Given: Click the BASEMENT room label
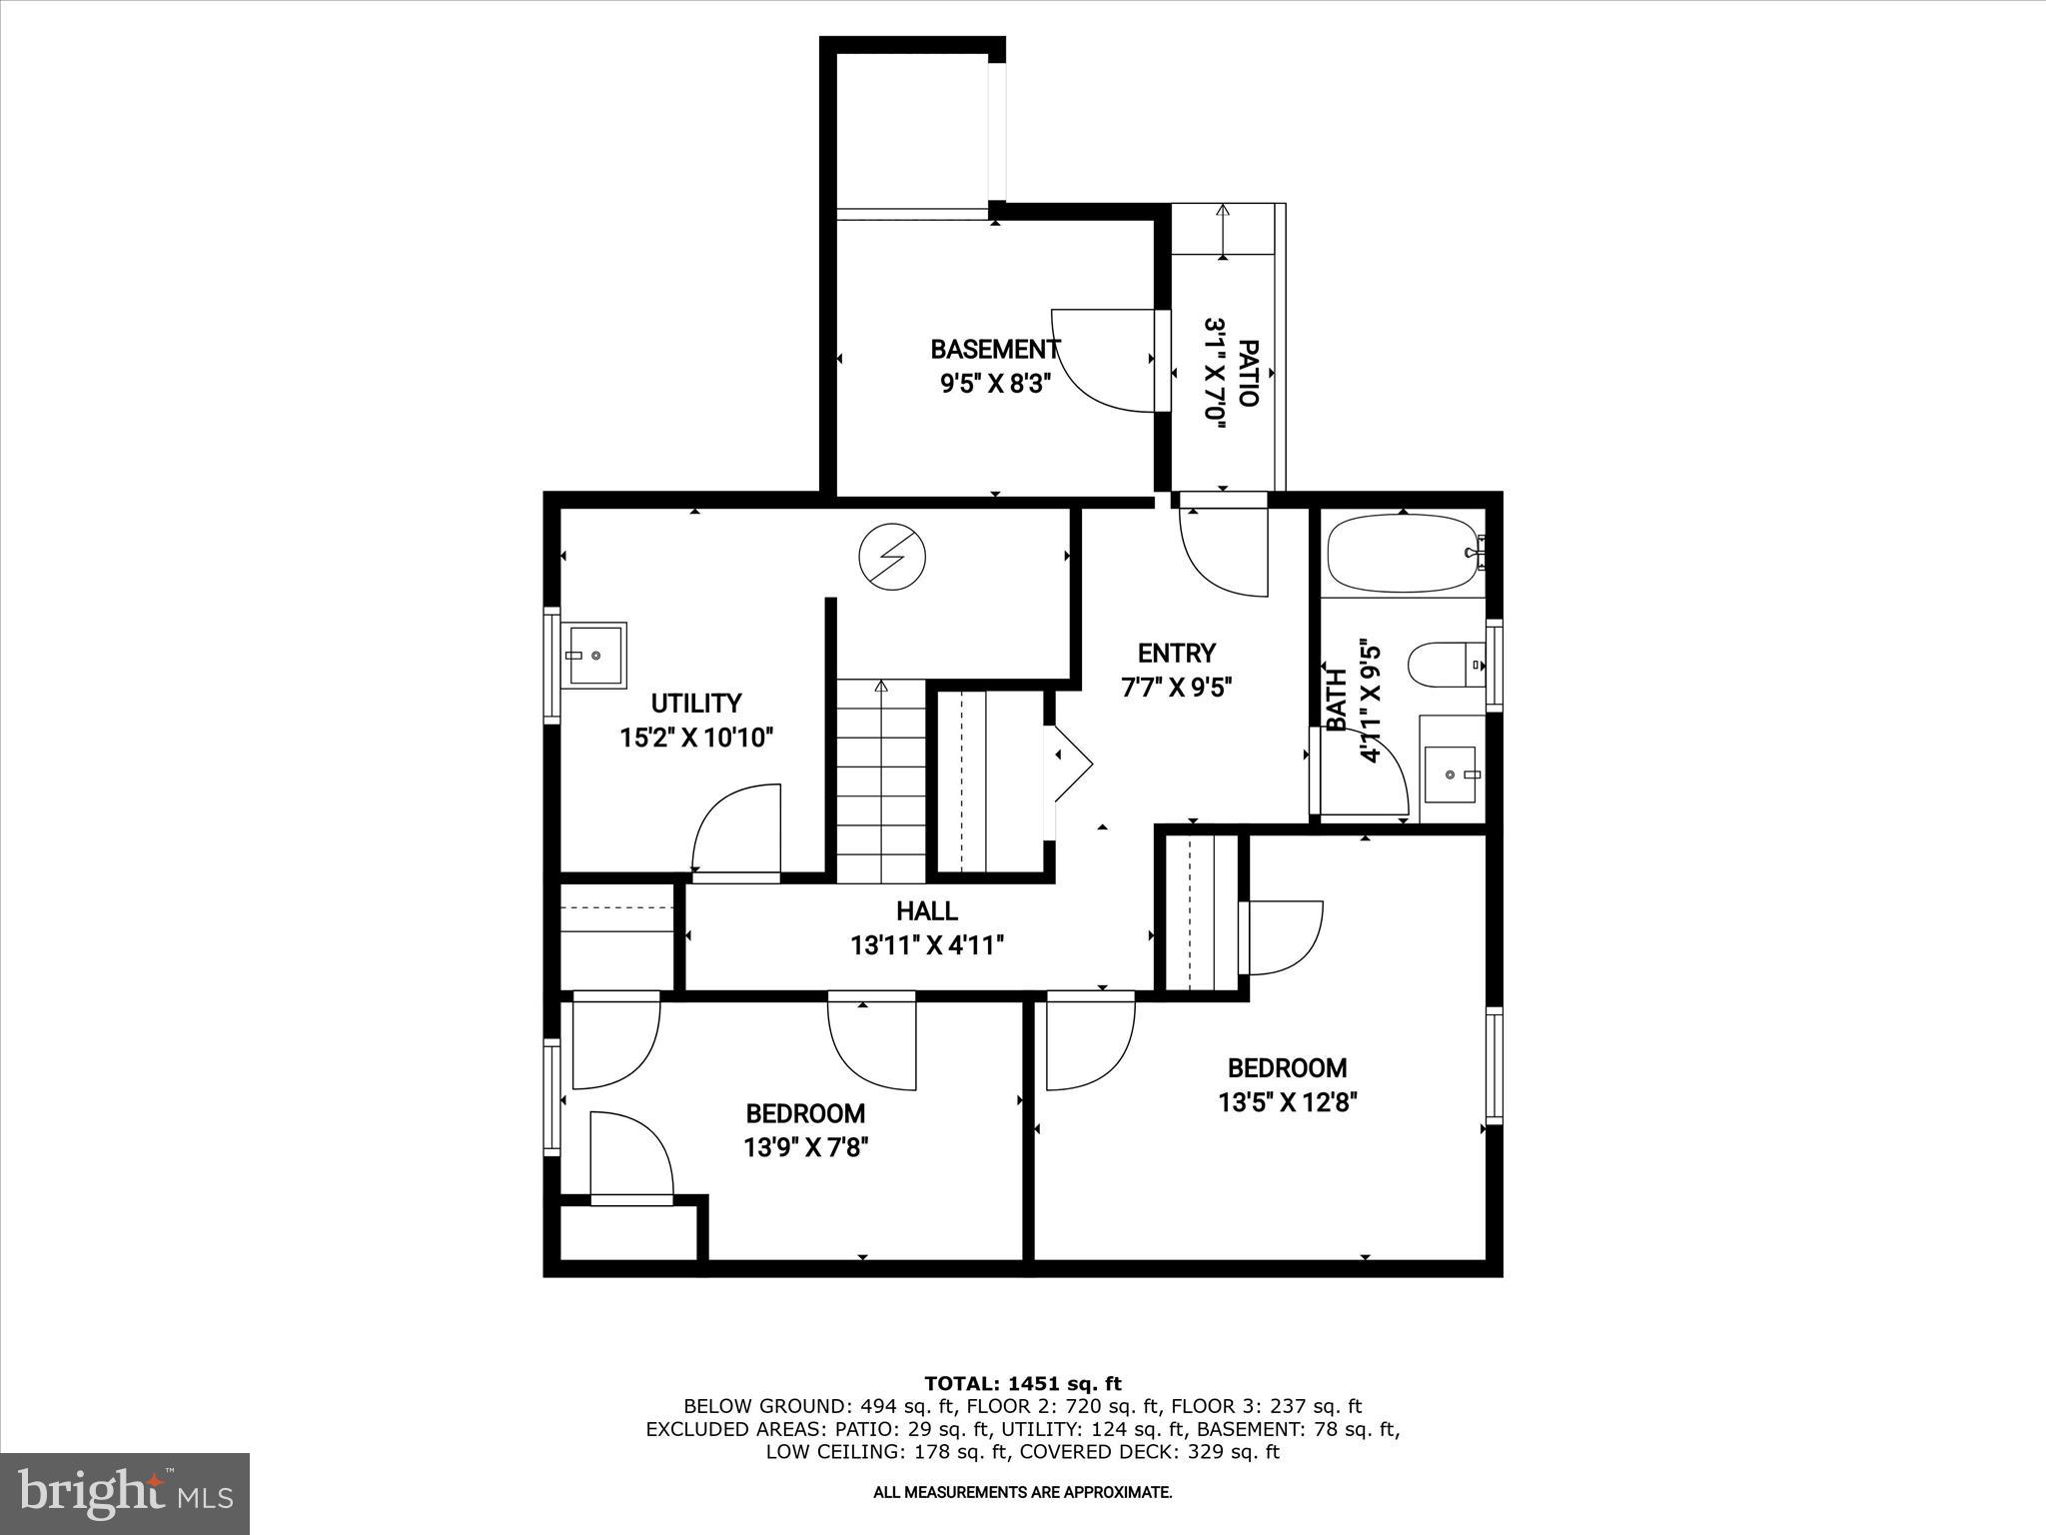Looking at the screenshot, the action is click(995, 350).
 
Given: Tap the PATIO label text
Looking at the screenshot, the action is click(1248, 373).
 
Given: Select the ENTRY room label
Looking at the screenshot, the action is click(1177, 653).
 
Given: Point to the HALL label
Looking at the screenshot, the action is click(927, 910).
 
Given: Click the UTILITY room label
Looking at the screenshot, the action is click(696, 703).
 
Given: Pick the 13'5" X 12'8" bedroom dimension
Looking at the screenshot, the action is click(1288, 1102).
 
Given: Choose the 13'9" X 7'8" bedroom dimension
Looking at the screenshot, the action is click(806, 1147).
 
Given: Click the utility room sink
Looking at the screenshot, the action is click(593, 655).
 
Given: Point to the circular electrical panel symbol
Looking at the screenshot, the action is click(893, 558).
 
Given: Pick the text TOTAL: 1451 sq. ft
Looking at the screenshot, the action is click(1023, 1383).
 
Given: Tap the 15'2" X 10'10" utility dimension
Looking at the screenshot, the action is click(697, 738).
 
